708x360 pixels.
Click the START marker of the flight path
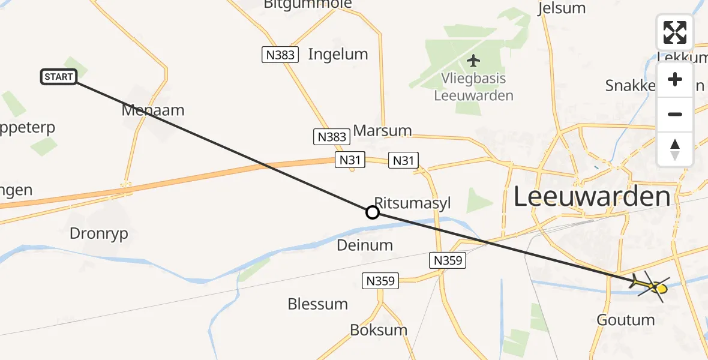[59, 77]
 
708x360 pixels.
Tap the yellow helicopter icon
[651, 286]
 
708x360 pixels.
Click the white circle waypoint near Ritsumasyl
[373, 212]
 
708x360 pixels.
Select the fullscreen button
[675, 32]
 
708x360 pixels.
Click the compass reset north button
[675, 149]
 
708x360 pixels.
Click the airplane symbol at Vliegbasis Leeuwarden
[473, 61]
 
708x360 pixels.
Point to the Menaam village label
[152, 110]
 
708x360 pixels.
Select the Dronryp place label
[99, 233]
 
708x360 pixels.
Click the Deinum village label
[365, 245]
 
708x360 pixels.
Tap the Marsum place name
[383, 130]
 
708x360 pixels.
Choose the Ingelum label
[338, 54]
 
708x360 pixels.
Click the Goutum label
[626, 320]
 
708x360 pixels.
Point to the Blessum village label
[317, 304]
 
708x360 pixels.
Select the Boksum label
[379, 329]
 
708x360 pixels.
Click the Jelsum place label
[562, 8]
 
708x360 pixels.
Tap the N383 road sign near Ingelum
[280, 55]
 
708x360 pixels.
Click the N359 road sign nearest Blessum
[380, 280]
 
